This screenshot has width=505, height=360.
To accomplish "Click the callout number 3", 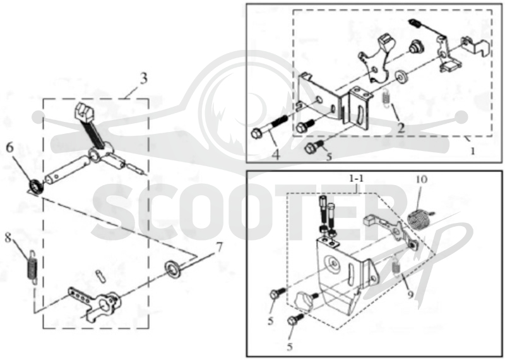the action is (x=143, y=78).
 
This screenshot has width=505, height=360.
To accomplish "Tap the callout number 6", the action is (x=10, y=148).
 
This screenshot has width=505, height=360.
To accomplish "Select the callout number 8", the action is (x=8, y=239).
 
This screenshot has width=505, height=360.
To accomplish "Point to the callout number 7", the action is (x=219, y=248).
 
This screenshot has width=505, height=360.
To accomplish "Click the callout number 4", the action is (x=276, y=155).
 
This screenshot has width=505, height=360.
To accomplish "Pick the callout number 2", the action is (x=401, y=128).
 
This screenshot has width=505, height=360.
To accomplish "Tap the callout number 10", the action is (x=422, y=179).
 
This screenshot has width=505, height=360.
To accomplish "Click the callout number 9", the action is (x=411, y=294).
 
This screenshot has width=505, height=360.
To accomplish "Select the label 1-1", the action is (x=357, y=178).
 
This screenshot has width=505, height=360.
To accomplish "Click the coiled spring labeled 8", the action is (x=32, y=268).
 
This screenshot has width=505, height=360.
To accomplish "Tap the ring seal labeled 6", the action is (x=36, y=188).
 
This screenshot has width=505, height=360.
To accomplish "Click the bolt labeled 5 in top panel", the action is (x=314, y=147).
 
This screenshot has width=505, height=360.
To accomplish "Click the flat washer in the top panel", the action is (x=401, y=76).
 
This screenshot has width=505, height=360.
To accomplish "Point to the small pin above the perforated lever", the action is (x=100, y=276).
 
